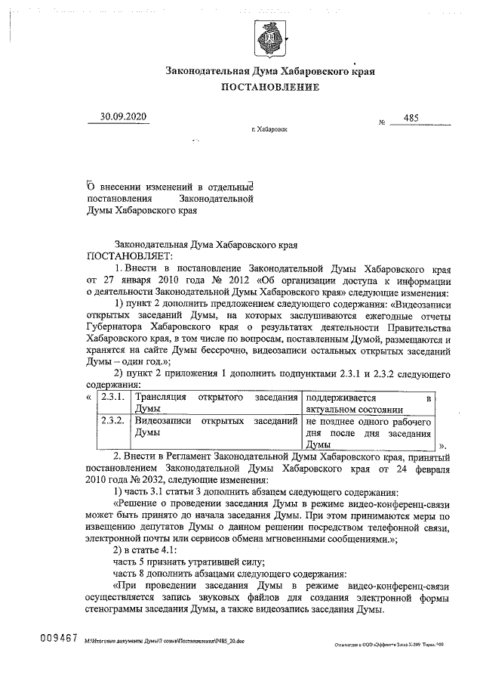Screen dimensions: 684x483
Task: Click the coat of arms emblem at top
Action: point(269,37)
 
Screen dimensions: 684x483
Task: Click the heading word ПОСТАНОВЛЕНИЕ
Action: point(269,87)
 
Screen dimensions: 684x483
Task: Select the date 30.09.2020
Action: point(123,116)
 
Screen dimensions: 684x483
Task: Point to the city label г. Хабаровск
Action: point(269,129)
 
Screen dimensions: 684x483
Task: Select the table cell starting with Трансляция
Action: point(216,402)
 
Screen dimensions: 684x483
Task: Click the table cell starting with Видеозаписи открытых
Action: point(216,427)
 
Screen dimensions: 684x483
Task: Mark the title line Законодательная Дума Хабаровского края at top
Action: point(269,71)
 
